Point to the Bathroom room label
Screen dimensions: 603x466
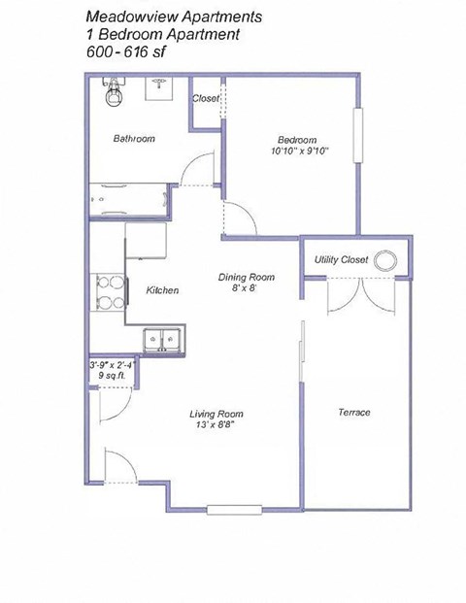[133, 139]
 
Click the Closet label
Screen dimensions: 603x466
[206, 99]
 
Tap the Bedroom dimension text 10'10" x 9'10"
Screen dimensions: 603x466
[301, 150]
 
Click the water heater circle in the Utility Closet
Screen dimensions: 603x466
[386, 259]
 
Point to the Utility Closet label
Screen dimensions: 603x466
[341, 260]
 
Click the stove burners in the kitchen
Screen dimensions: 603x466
[109, 292]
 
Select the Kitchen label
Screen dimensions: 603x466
[162, 290]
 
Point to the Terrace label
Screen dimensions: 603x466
[354, 413]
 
